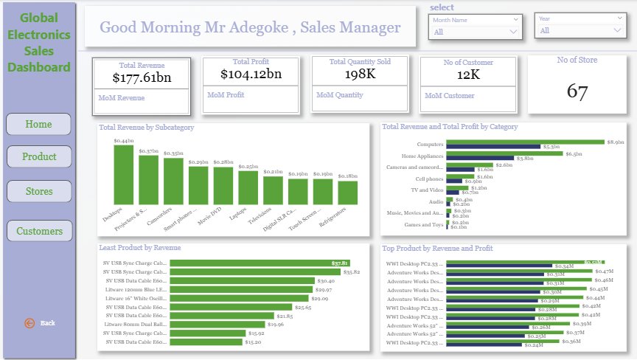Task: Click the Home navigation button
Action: click(38, 124)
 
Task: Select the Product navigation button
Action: click(39, 156)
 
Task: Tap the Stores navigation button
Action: click(39, 191)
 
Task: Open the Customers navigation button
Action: click(39, 231)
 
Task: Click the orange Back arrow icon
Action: click(29, 323)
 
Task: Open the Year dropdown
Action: click(580, 30)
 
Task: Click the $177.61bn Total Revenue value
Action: click(142, 77)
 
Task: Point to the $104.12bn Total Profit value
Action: click(251, 74)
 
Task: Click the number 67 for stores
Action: click(577, 91)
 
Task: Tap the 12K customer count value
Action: click(468, 75)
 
